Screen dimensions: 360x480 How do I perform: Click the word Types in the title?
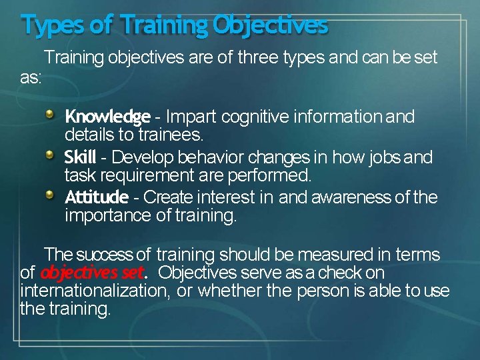pos(52,25)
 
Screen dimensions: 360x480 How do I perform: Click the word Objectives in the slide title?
pos(271,25)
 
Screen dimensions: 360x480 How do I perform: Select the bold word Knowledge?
pos(107,117)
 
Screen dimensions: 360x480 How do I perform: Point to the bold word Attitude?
pos(96,198)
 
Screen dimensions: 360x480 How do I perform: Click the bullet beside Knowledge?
pos(51,115)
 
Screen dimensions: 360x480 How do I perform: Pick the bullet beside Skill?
pos(51,156)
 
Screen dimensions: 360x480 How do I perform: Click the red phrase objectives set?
pos(93,273)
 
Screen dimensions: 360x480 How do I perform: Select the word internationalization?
pos(94,291)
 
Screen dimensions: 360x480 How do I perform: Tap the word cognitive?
pos(257,117)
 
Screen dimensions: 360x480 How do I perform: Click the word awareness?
pos(345,198)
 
